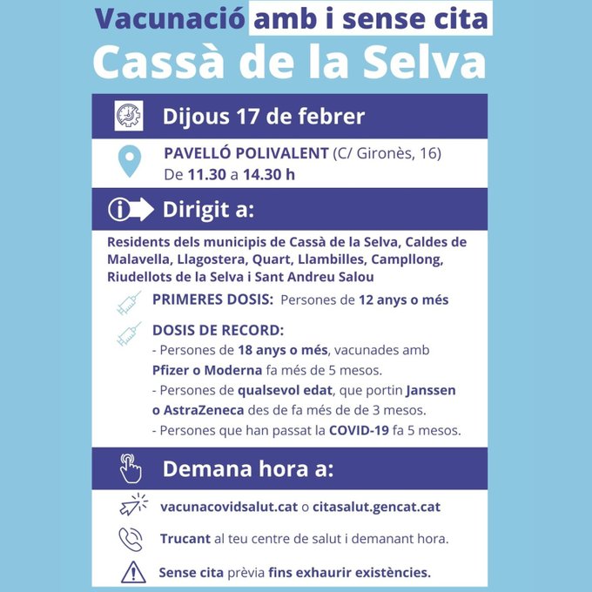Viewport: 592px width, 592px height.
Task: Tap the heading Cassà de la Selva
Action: point(288,62)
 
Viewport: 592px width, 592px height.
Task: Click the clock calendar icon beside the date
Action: point(128,116)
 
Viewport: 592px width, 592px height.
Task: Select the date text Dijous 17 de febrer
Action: point(263,116)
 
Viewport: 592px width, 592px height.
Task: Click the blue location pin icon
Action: point(129,161)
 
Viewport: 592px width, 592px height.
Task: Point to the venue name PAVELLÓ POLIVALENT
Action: point(246,153)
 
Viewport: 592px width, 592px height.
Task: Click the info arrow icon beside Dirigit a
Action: point(130,209)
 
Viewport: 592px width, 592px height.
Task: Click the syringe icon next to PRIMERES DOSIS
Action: point(128,301)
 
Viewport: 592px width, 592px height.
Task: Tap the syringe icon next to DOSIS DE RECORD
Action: point(128,333)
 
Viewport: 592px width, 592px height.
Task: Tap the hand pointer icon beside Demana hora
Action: point(130,469)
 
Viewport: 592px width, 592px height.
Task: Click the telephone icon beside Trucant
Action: point(130,539)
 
